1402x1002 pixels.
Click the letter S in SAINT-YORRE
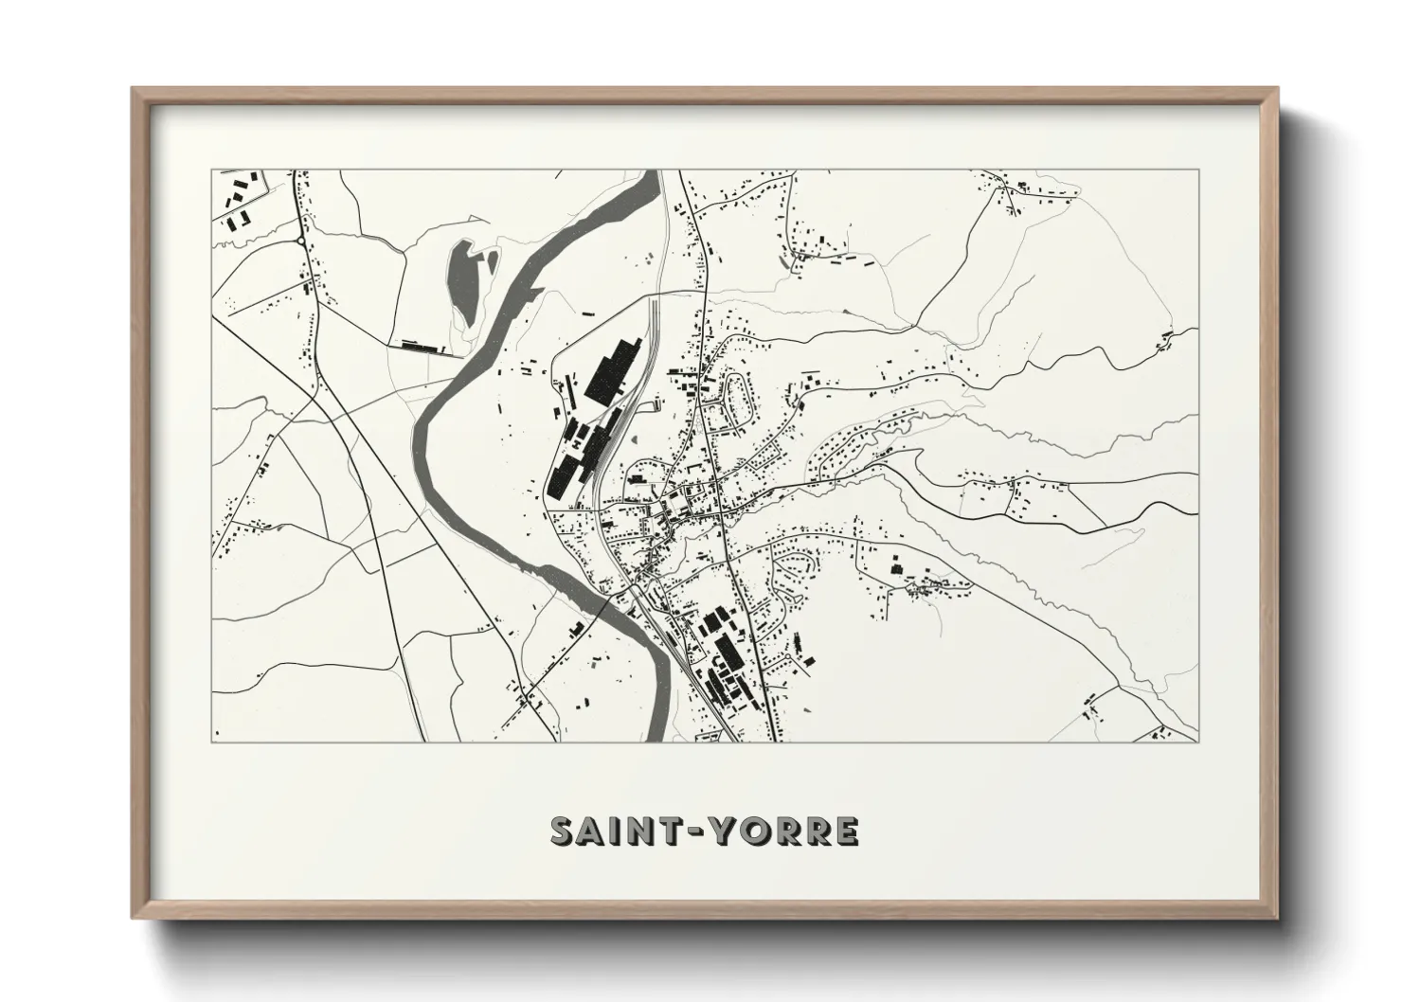566,831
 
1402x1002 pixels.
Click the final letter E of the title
845,831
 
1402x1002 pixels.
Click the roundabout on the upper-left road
302,242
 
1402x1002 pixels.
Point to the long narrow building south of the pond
422,347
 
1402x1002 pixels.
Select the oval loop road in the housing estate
739,397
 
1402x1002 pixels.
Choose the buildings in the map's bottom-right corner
1159,732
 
